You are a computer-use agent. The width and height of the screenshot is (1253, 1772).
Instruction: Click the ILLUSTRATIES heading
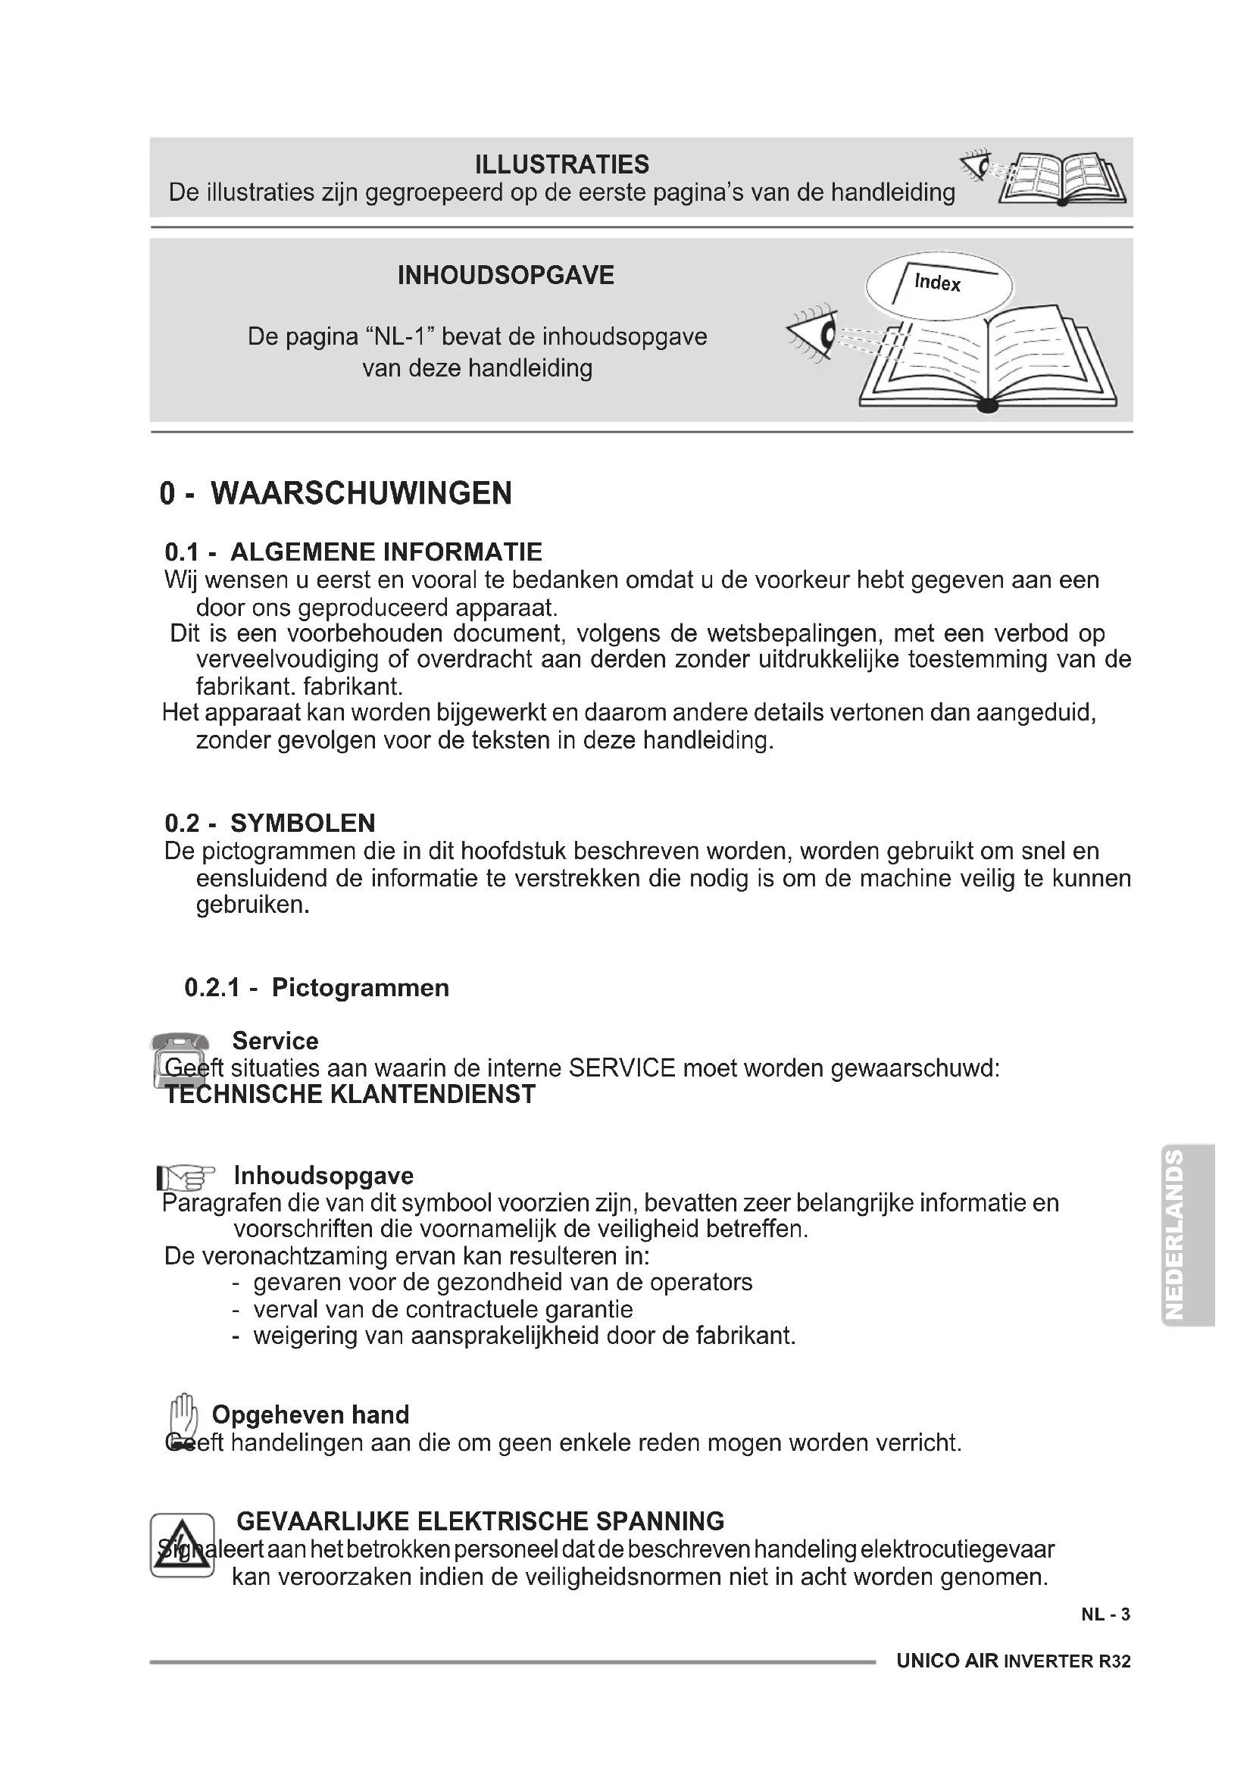pos(561,164)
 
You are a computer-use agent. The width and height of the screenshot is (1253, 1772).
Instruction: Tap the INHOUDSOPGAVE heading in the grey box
pos(505,276)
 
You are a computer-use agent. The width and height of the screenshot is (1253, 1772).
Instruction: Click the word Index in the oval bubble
pos(937,283)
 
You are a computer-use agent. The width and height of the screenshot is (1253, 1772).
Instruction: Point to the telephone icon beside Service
pos(180,1059)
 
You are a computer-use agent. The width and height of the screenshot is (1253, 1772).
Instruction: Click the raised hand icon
pos(183,1419)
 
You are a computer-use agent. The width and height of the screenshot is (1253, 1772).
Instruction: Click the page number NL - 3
pos(1105,1614)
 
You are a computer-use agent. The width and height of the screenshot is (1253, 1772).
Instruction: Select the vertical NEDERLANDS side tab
pos(1188,1234)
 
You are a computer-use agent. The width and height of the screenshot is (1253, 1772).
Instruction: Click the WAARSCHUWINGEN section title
pos(361,493)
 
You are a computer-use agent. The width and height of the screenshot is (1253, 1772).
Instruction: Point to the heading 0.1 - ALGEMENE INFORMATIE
pos(353,552)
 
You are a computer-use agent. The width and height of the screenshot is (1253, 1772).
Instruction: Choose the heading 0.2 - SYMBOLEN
pos(270,823)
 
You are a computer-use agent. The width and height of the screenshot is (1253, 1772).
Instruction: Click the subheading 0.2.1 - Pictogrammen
pos(317,987)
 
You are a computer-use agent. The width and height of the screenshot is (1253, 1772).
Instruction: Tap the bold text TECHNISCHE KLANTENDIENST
pos(350,1095)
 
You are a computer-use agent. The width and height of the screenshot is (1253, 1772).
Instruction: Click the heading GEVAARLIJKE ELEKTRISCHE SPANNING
pos(480,1521)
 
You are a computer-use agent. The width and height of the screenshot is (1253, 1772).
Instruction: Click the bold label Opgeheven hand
pos(310,1414)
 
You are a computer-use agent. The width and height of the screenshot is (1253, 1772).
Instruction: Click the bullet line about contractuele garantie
pos(442,1309)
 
